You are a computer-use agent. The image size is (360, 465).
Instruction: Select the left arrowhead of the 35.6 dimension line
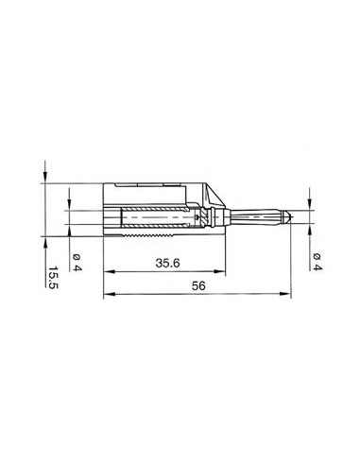pyautogui.click(x=104, y=274)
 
